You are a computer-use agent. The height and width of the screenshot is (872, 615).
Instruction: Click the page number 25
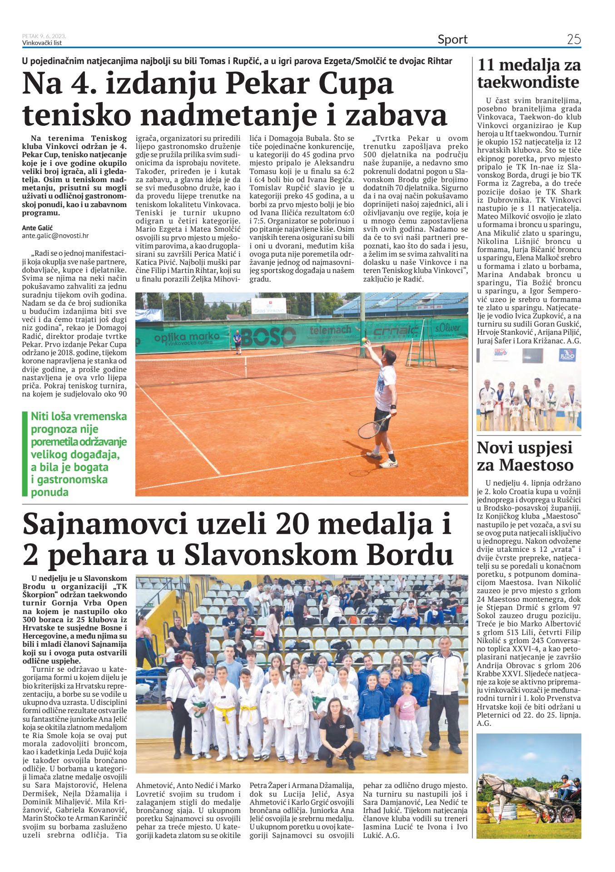(x=574, y=40)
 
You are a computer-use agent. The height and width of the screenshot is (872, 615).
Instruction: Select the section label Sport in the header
(x=452, y=40)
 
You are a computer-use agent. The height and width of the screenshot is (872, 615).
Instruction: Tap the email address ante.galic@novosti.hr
(x=55, y=236)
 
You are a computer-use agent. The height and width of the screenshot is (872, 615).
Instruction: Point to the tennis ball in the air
(x=363, y=340)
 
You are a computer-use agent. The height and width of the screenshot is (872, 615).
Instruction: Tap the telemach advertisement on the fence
(x=330, y=330)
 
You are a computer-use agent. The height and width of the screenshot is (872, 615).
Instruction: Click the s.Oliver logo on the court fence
(x=447, y=328)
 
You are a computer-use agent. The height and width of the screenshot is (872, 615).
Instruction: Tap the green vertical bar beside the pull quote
(x=25, y=454)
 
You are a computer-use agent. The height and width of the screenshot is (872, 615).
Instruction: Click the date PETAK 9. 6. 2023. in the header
(x=44, y=36)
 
